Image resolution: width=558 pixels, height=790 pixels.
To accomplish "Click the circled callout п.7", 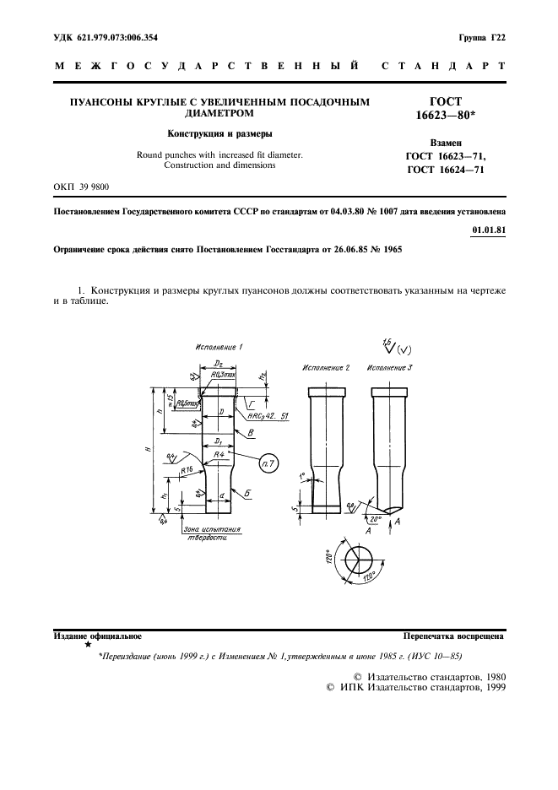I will coord(270,464).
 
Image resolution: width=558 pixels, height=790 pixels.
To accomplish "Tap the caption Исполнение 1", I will coord(219,348).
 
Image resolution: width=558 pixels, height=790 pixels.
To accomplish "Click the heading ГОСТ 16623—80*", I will coord(457,107).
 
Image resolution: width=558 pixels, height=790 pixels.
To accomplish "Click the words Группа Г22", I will coord(481,37).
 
